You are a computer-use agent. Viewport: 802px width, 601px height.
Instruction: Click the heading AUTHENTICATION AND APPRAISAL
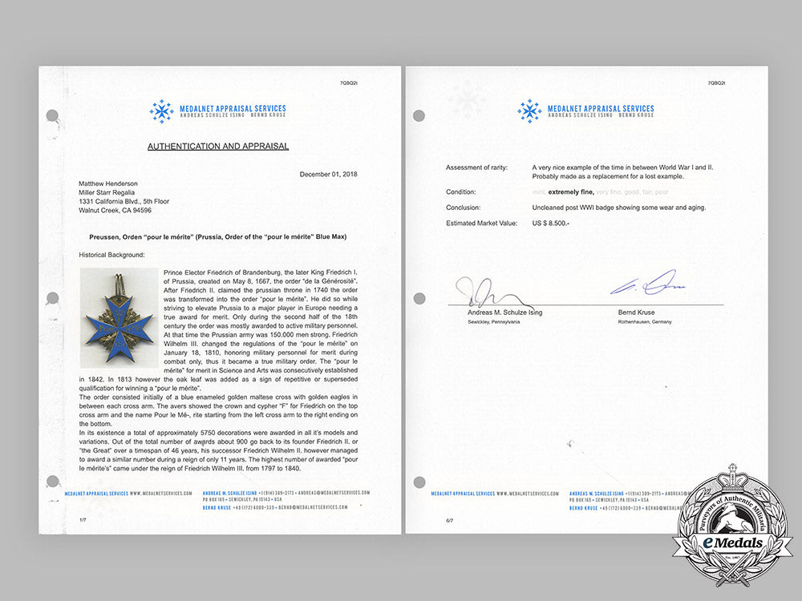(218, 147)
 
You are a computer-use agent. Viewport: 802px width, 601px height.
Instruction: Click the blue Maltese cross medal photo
(117, 317)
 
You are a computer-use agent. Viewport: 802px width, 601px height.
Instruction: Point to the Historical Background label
(112, 254)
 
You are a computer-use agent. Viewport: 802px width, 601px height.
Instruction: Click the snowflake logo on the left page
(162, 111)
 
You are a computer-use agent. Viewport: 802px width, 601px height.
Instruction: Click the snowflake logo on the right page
(529, 111)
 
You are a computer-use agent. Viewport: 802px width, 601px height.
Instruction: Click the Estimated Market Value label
(481, 222)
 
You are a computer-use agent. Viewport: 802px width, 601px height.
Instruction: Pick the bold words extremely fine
(570, 192)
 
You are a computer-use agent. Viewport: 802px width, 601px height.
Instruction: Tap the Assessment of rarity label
(479, 167)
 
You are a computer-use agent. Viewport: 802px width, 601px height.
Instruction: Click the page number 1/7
(83, 520)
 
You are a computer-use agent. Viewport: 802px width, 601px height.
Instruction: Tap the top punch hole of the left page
(52, 115)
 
